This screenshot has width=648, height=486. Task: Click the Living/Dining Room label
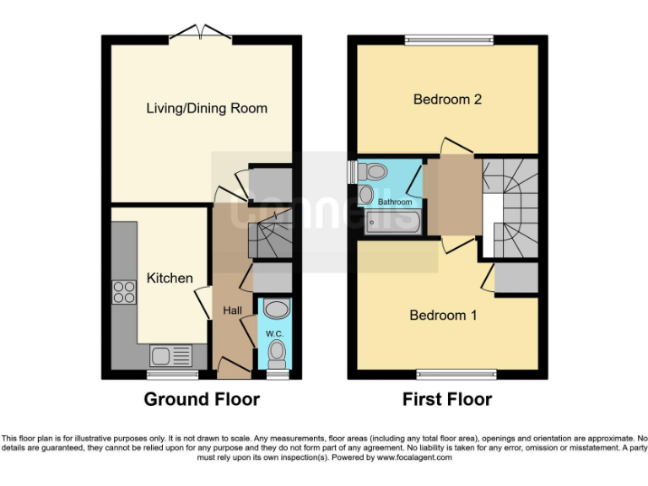(x=207, y=108)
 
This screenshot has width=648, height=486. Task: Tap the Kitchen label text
(x=170, y=278)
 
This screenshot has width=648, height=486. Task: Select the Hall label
(x=232, y=310)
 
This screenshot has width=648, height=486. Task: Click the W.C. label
(x=275, y=333)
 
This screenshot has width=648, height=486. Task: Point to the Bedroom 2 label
(x=447, y=100)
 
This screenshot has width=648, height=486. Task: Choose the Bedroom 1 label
(x=443, y=316)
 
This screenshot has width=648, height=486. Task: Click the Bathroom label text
(x=394, y=202)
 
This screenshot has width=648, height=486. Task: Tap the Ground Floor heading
(x=202, y=399)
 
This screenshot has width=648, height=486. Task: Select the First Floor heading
(x=447, y=399)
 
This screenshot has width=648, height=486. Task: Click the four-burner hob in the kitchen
(x=124, y=292)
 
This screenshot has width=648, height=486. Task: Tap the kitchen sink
(x=171, y=356)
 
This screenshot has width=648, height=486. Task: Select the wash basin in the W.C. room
(x=277, y=308)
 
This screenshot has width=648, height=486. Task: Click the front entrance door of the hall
(x=233, y=364)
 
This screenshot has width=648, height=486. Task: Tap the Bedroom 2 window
(x=448, y=39)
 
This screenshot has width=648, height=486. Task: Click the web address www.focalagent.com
(x=408, y=457)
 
